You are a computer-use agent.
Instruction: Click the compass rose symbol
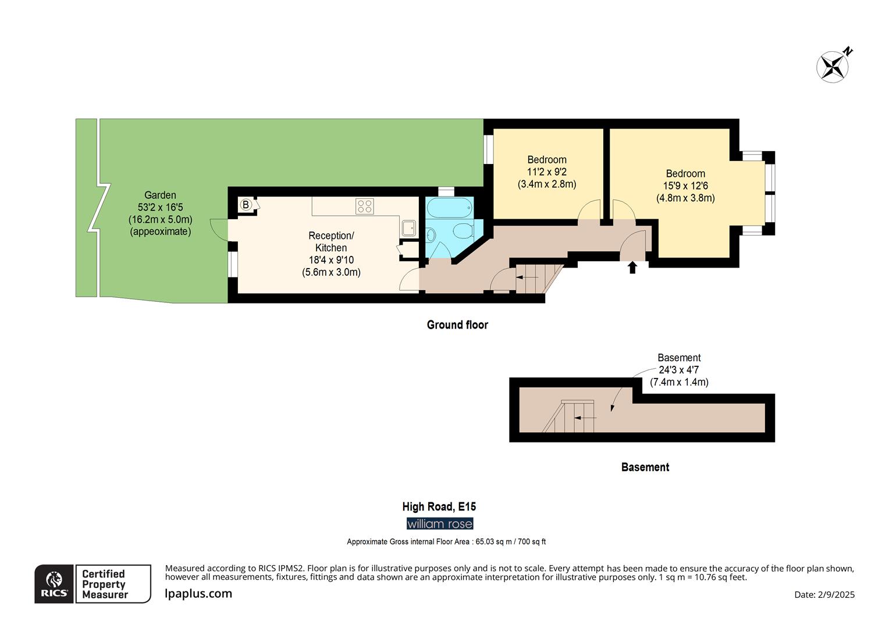832,67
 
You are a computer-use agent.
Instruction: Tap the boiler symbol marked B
246,205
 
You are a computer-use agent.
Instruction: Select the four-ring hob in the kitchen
364,206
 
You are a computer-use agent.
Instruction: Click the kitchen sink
408,228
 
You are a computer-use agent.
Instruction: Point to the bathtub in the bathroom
449,207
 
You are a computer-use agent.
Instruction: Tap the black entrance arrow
632,267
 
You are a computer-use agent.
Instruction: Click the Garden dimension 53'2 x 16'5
161,207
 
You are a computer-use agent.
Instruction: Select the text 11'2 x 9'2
546,172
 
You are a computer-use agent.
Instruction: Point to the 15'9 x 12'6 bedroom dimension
685,185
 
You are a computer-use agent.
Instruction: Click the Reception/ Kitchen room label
331,241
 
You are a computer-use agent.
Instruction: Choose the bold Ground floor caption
457,325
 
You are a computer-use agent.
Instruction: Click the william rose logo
440,524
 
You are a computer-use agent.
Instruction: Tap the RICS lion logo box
54,584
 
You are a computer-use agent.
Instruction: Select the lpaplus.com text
198,594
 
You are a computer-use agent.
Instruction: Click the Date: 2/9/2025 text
824,595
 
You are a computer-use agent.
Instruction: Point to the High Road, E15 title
439,506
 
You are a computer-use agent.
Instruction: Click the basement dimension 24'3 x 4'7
678,370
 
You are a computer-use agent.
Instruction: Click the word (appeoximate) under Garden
161,231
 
